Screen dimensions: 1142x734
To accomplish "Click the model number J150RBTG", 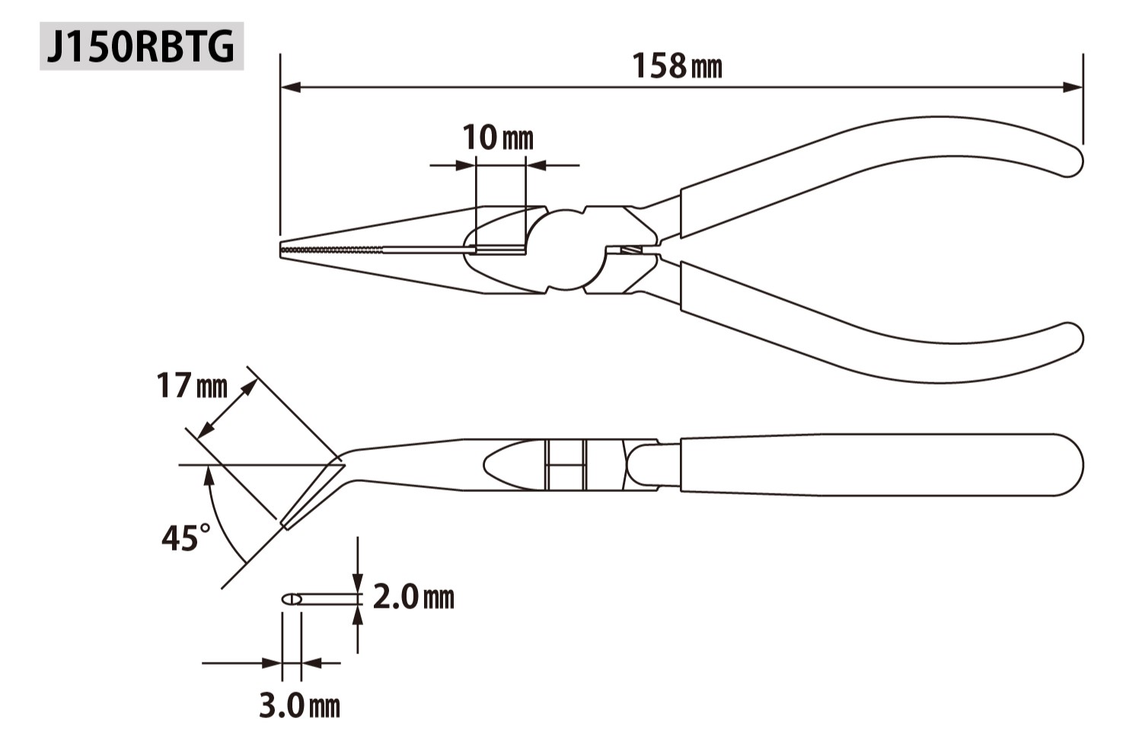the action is pyautogui.click(x=141, y=46).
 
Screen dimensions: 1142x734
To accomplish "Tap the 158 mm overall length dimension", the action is pyautogui.click(x=677, y=66).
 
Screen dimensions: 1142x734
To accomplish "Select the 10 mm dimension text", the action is pyautogui.click(x=497, y=138).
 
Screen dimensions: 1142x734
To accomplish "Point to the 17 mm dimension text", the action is pyautogui.click(x=192, y=385).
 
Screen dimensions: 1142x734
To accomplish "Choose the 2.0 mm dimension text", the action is pyautogui.click(x=413, y=597).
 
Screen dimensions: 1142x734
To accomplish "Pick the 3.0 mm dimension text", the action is pyautogui.click(x=300, y=706).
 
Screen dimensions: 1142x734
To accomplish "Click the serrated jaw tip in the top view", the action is pyautogui.click(x=331, y=250).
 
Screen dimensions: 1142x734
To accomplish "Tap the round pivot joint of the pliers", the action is pyautogui.click(x=566, y=250).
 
